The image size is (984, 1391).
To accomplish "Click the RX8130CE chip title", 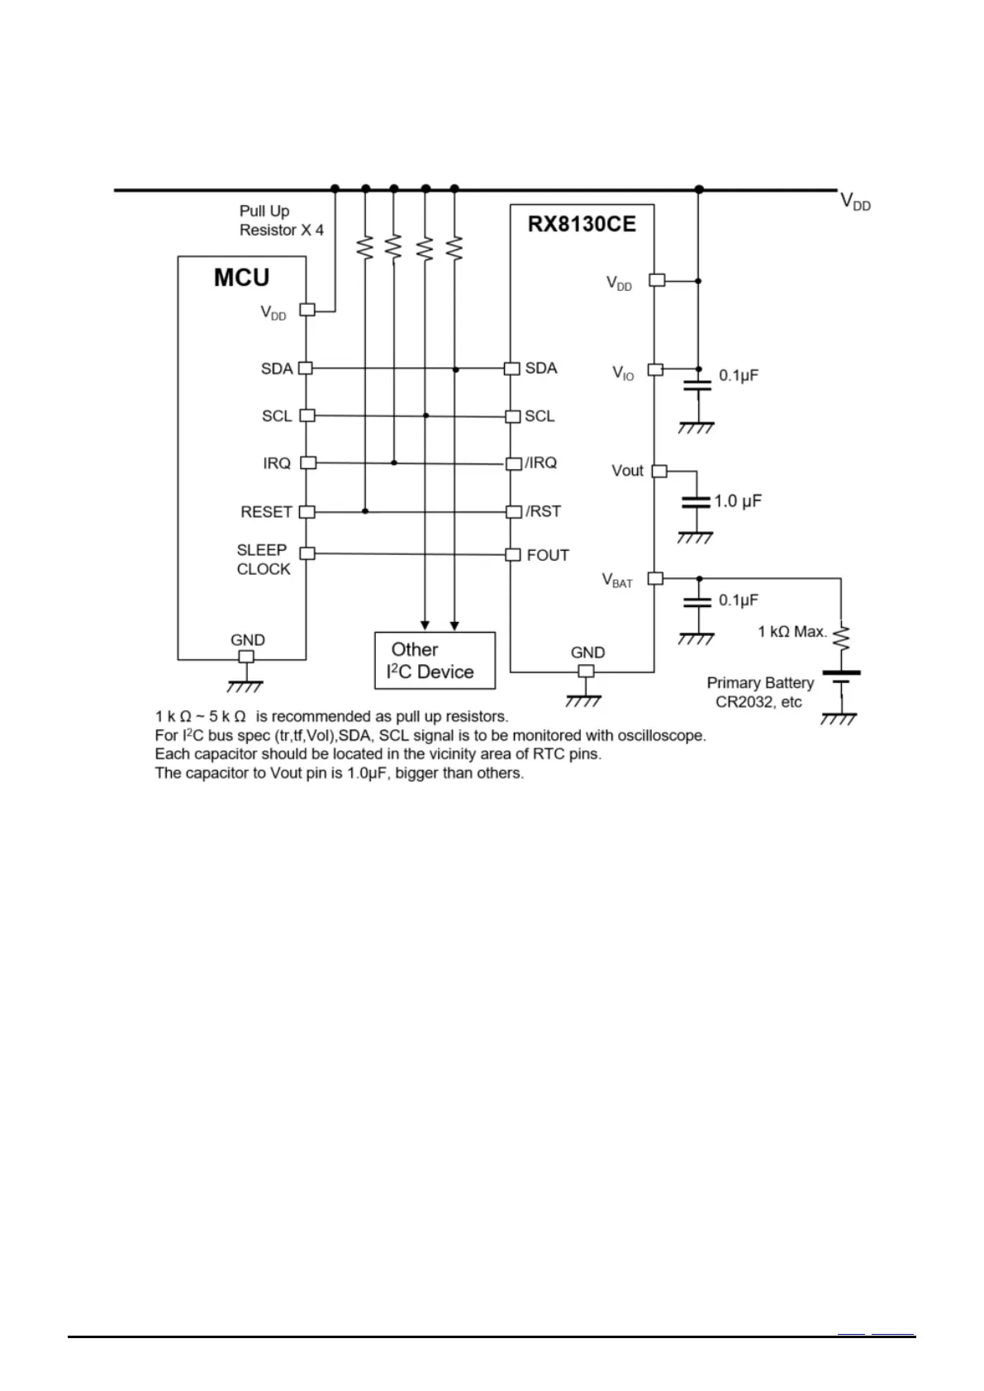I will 582,225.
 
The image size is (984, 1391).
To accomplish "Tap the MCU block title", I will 241,278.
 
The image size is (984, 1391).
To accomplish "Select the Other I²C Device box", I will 435,661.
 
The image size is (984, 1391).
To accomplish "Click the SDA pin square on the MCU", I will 306,368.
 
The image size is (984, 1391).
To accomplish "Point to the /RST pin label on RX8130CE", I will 544,511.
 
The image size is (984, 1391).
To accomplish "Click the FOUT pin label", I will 548,555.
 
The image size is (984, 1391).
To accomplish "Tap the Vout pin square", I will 659,471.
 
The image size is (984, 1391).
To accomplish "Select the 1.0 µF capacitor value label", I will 738,501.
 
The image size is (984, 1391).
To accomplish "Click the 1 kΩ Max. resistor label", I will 792,632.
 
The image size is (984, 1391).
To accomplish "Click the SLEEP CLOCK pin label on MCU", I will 264,559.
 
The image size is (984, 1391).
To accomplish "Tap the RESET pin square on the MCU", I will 307,512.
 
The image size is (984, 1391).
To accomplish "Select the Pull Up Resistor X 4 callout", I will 281,221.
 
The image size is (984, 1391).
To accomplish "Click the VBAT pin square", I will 655,578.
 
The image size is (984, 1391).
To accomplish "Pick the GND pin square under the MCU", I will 245,658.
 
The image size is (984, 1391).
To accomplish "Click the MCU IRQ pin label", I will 277,463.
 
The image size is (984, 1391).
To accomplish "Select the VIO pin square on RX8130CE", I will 655,369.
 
